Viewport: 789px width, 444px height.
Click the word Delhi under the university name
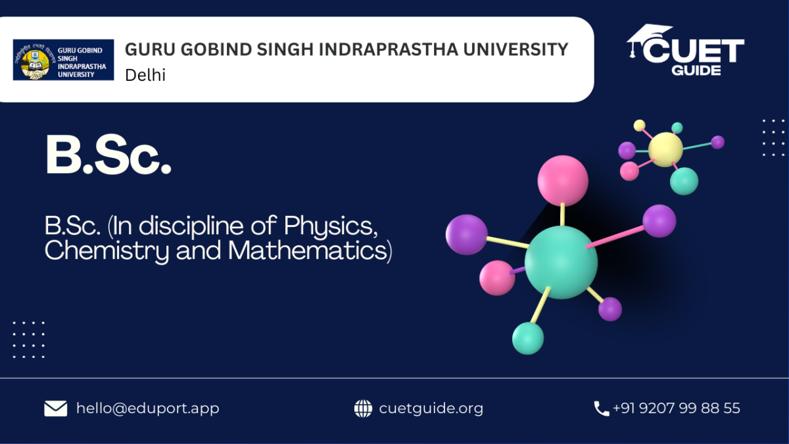(x=145, y=75)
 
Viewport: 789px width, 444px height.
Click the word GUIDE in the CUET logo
(x=696, y=70)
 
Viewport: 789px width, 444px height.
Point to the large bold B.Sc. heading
(x=108, y=155)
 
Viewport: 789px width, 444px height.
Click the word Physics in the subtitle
(x=331, y=226)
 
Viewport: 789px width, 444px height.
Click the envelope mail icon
(x=56, y=408)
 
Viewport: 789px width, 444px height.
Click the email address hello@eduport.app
(x=147, y=408)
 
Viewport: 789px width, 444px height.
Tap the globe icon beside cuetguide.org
(x=363, y=408)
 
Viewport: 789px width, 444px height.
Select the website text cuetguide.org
(x=431, y=408)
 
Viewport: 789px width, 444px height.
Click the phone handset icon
(x=601, y=408)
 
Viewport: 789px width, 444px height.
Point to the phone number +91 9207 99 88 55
(x=677, y=408)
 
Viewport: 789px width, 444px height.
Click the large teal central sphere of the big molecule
(x=561, y=262)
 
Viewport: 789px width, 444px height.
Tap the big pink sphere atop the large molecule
(x=563, y=180)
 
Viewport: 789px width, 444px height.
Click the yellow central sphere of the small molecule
(x=665, y=149)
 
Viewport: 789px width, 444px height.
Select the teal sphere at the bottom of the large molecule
(x=527, y=338)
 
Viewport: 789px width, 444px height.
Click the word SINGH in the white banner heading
(x=285, y=49)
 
